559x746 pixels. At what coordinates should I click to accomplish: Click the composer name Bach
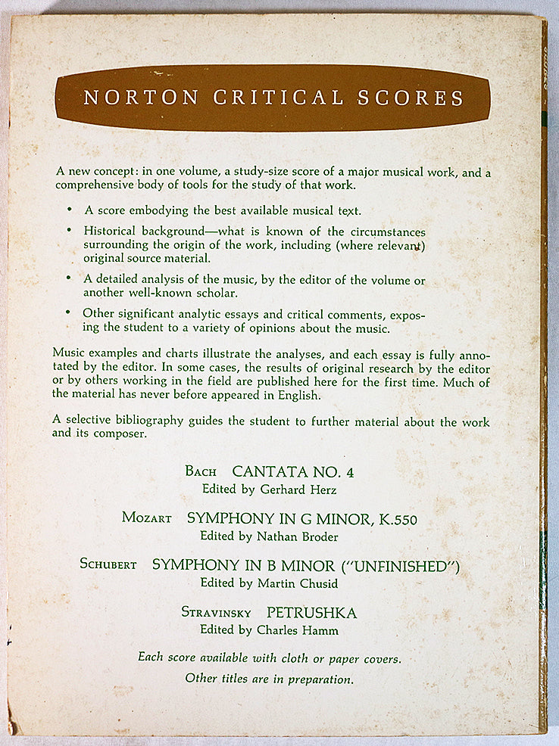pyautogui.click(x=201, y=472)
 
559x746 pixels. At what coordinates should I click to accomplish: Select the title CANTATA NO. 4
pyautogui.click(x=292, y=472)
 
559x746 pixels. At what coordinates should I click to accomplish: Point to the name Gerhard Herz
pyautogui.click(x=292, y=490)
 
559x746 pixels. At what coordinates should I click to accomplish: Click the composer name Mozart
pyautogui.click(x=146, y=519)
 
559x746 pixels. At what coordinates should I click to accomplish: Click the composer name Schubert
pyautogui.click(x=108, y=565)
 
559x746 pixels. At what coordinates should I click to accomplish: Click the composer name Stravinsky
pyautogui.click(x=216, y=611)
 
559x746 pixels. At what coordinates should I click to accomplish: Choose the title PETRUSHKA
pyautogui.click(x=311, y=611)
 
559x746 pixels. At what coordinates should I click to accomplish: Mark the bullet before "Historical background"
pyautogui.click(x=70, y=230)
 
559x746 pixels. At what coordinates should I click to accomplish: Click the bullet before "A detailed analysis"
pyautogui.click(x=70, y=278)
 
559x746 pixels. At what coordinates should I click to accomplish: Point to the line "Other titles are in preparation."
pyautogui.click(x=269, y=679)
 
